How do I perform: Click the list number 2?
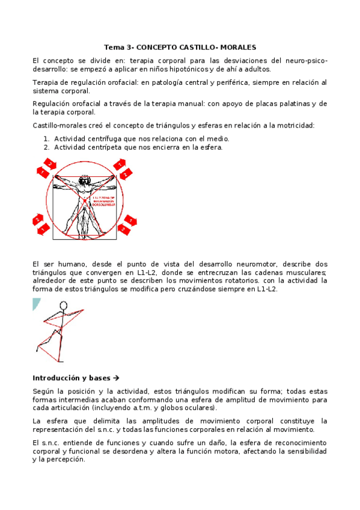click(46, 147)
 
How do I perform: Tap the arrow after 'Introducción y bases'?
click(117, 378)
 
